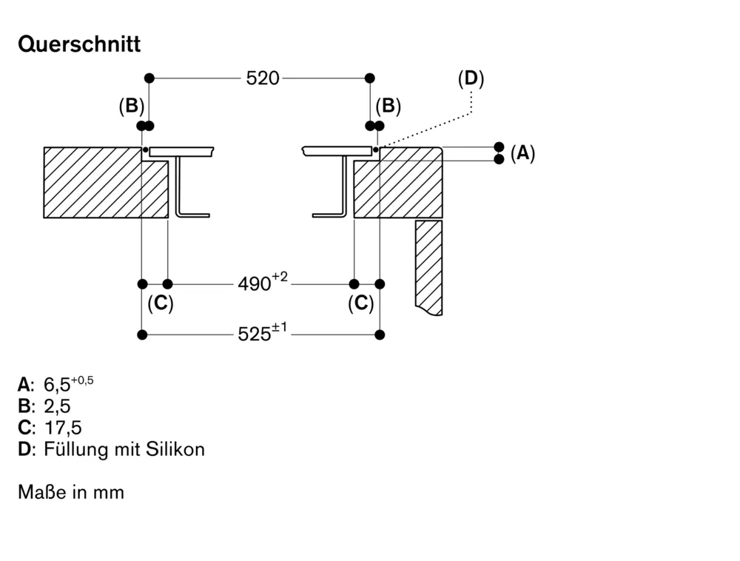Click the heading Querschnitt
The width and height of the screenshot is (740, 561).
coord(79,44)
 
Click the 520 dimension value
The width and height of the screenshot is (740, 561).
coord(262,78)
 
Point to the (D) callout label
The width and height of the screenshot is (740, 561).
coord(471,78)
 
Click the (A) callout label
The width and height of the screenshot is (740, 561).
coord(522,153)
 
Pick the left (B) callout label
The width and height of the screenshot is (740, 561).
coord(131,106)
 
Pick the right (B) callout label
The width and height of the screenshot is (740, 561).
coord(388,106)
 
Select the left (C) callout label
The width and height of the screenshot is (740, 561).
coord(160,303)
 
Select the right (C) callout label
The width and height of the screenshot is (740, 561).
coord(361,303)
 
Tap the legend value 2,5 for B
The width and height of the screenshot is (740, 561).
coord(57,406)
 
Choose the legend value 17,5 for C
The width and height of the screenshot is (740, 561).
coord(62,427)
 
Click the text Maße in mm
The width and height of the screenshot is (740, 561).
coord(71,491)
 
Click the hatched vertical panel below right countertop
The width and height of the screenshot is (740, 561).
coord(428,266)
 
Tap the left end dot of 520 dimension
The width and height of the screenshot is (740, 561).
coord(149,78)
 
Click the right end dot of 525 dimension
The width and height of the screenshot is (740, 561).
coord(380,335)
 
